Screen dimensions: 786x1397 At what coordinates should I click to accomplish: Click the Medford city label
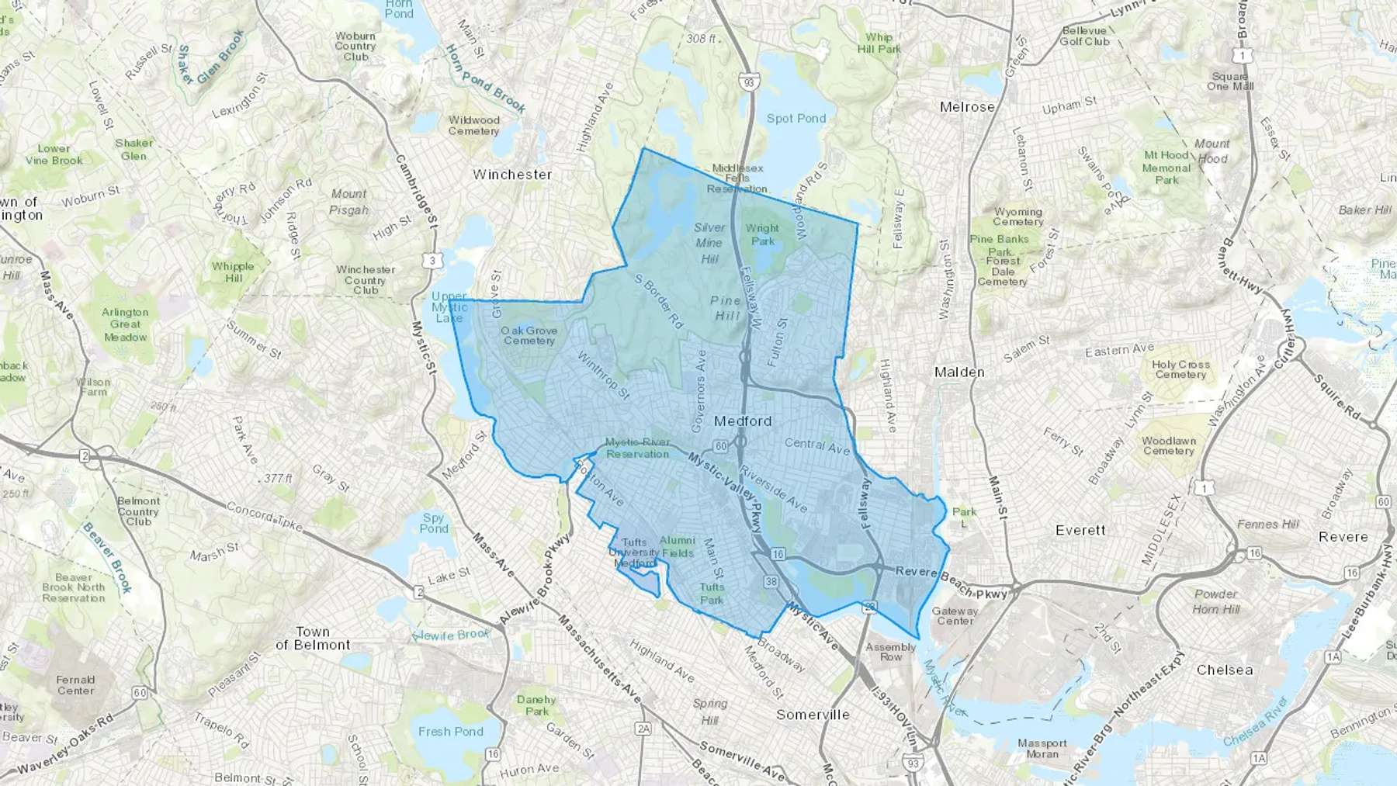pyautogui.click(x=743, y=421)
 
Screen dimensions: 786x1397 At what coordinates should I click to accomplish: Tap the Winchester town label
pyautogui.click(x=512, y=175)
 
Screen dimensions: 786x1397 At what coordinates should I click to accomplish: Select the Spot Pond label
pyautogui.click(x=796, y=119)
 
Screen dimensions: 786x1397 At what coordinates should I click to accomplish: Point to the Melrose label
pyautogui.click(x=967, y=107)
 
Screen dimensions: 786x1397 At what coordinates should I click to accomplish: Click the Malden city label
pyautogui.click(x=959, y=372)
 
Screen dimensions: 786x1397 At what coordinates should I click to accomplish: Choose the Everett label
pyautogui.click(x=1080, y=531)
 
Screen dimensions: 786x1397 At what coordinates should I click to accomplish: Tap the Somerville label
pyautogui.click(x=813, y=715)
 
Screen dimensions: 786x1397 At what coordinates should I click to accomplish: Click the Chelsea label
pyautogui.click(x=1224, y=670)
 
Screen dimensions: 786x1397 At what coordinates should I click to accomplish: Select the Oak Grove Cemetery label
pyautogui.click(x=529, y=335)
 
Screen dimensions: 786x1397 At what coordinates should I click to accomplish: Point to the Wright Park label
pyautogui.click(x=762, y=234)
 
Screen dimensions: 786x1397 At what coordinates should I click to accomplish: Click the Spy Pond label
pyautogui.click(x=434, y=523)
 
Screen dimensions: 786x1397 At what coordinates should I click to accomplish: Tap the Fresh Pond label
pyautogui.click(x=450, y=732)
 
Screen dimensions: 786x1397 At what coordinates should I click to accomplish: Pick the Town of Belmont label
pyautogui.click(x=313, y=639)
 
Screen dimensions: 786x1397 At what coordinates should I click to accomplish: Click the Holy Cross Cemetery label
pyautogui.click(x=1180, y=369)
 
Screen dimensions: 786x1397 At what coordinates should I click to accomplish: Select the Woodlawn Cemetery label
pyautogui.click(x=1169, y=445)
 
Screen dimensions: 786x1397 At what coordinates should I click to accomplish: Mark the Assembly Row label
pyautogui.click(x=891, y=652)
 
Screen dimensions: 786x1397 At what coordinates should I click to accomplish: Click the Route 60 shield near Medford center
pyautogui.click(x=721, y=446)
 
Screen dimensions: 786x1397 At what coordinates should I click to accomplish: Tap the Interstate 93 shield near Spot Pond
pyautogui.click(x=748, y=82)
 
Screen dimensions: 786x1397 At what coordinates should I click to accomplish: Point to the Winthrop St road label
pyautogui.click(x=603, y=376)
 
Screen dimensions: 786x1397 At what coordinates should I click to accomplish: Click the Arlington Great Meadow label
pyautogui.click(x=125, y=324)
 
